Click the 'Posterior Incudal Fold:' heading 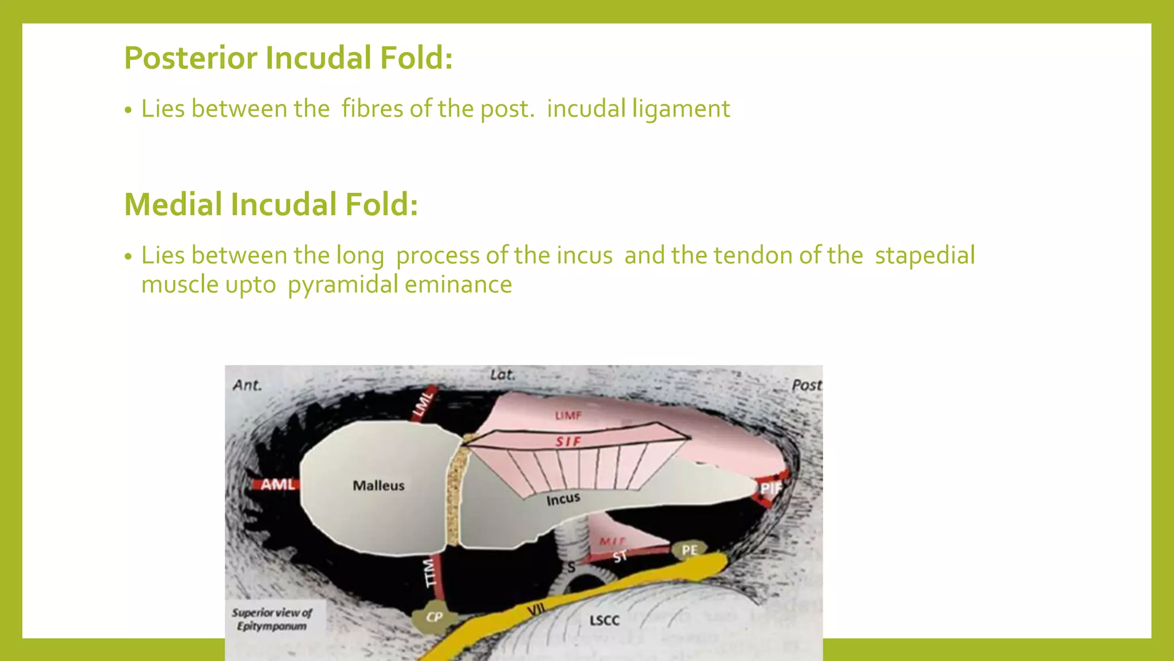tap(288, 58)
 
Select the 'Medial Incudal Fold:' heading tap(271, 204)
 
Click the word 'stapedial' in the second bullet tap(924, 255)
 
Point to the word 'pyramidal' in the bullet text tap(342, 285)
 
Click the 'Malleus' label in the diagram tap(378, 485)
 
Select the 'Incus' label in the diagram tap(563, 499)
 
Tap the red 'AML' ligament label tap(277, 485)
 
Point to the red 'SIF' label tap(568, 441)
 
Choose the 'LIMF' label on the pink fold tap(568, 415)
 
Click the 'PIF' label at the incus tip tap(770, 488)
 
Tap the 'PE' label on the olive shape tap(689, 550)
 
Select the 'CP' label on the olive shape tap(434, 617)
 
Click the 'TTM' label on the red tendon tap(431, 573)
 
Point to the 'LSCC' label tap(604, 620)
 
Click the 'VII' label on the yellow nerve tap(535, 609)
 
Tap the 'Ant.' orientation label tap(247, 385)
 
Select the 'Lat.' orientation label tap(502, 375)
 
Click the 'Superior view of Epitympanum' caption tap(272, 619)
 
